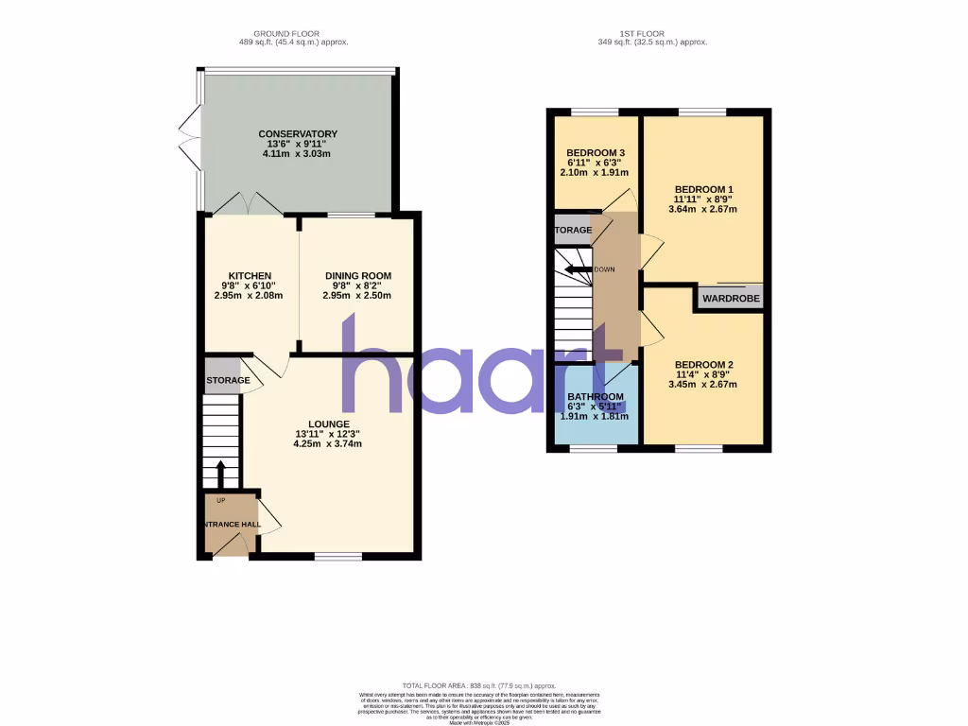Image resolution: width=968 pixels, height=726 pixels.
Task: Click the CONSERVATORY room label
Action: [298, 134]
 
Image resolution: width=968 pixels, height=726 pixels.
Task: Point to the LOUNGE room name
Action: [328, 423]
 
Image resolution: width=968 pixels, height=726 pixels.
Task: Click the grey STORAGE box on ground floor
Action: [223, 374]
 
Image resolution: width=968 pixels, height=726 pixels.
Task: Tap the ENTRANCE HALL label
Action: [230, 524]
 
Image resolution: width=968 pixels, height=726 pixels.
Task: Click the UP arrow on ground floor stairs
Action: [220, 472]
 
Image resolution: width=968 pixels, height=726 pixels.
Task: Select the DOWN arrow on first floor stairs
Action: [577, 269]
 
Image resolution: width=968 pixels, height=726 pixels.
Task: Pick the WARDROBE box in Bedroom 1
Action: [730, 299]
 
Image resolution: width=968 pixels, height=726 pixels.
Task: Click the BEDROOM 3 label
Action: [596, 153]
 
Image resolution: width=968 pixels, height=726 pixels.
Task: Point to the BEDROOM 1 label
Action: [703, 190]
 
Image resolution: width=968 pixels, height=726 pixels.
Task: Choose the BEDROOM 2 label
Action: [703, 365]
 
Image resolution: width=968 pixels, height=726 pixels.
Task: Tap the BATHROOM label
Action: [596, 396]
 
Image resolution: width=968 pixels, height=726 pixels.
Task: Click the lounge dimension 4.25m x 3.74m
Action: [328, 443]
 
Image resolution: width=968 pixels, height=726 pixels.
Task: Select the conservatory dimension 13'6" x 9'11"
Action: [298, 144]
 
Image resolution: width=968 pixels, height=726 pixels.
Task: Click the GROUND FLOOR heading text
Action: [284, 33]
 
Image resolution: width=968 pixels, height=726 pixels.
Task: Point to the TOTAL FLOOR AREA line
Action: [479, 685]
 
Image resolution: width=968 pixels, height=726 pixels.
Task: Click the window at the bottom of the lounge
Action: [337, 556]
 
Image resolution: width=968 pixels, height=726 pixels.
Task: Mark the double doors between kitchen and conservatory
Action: [243, 203]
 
